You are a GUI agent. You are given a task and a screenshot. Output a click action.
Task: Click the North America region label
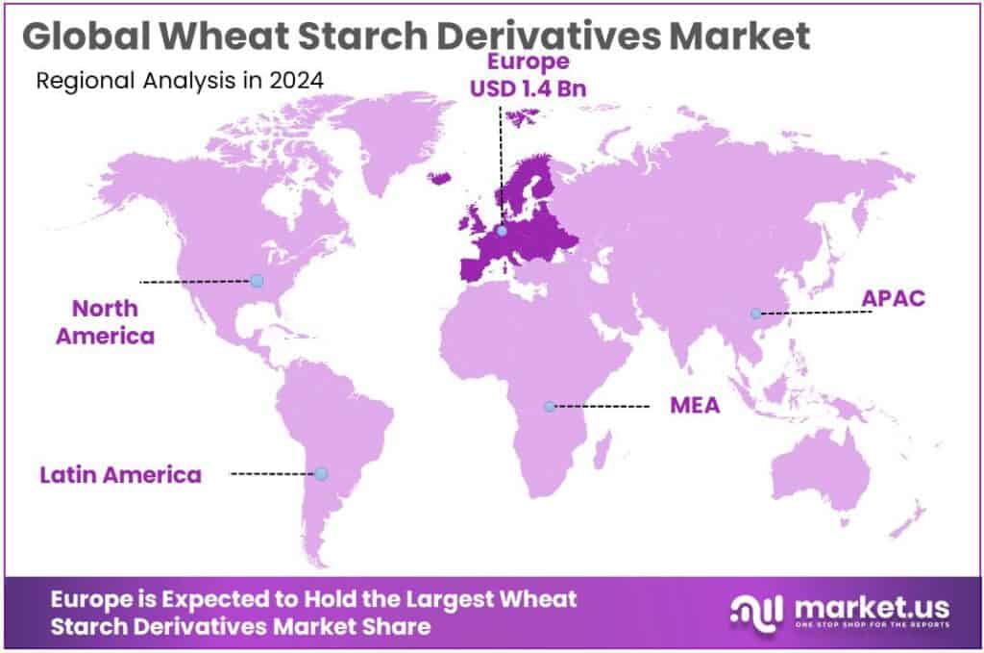point(105,322)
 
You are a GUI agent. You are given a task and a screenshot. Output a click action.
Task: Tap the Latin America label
point(120,474)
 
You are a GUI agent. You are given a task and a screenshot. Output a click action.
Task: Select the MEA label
point(695,406)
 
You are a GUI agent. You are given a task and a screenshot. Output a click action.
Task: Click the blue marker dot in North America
point(257,281)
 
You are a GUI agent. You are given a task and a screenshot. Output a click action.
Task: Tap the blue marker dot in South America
point(321,473)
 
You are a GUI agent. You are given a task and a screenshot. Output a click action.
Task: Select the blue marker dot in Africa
point(549,407)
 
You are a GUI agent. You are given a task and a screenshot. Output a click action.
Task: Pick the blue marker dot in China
point(756,313)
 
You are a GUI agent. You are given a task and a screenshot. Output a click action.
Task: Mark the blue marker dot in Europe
point(501,231)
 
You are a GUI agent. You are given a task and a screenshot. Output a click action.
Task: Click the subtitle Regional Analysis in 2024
point(180,80)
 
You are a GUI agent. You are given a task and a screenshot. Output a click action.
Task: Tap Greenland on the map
point(384,135)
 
